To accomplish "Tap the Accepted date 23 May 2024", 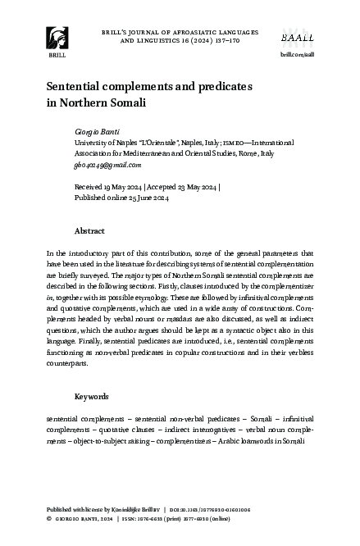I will click(194, 187).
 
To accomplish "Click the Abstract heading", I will click(89, 231).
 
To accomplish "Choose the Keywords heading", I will click(91, 397).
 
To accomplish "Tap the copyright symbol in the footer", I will click(49, 519).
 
